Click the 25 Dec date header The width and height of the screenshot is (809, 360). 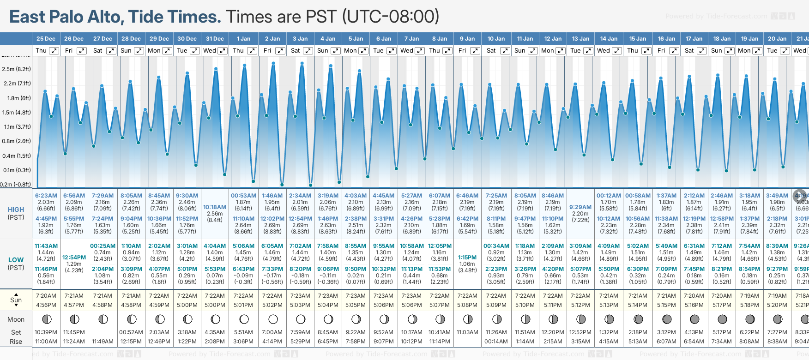point(46,39)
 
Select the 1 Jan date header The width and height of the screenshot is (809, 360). point(243,39)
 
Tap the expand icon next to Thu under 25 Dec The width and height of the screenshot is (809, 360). point(54,51)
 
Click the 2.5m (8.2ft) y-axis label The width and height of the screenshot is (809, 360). point(16,69)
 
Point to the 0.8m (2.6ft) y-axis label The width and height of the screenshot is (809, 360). point(16,141)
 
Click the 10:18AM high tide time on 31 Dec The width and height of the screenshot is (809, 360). point(215,207)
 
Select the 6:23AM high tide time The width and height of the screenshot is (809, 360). point(46,196)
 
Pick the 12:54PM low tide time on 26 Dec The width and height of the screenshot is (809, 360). point(74,258)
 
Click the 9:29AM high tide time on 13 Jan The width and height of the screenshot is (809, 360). point(580,207)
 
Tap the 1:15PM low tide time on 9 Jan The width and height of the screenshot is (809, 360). point(467,258)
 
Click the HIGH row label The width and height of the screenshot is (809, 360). point(16,210)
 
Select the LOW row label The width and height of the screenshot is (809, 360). point(16,260)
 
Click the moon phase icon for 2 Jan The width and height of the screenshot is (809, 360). point(272,319)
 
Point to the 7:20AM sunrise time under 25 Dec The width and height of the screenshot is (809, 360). point(46,296)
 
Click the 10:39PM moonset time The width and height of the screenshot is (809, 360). point(46,332)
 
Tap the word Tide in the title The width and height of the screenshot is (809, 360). point(146,17)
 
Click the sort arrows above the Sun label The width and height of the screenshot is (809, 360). point(16,294)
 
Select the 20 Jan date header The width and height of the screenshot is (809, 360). point(778,39)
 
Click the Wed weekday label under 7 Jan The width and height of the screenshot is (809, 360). point(407,51)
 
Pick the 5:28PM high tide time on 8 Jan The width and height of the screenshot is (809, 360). point(439,219)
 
